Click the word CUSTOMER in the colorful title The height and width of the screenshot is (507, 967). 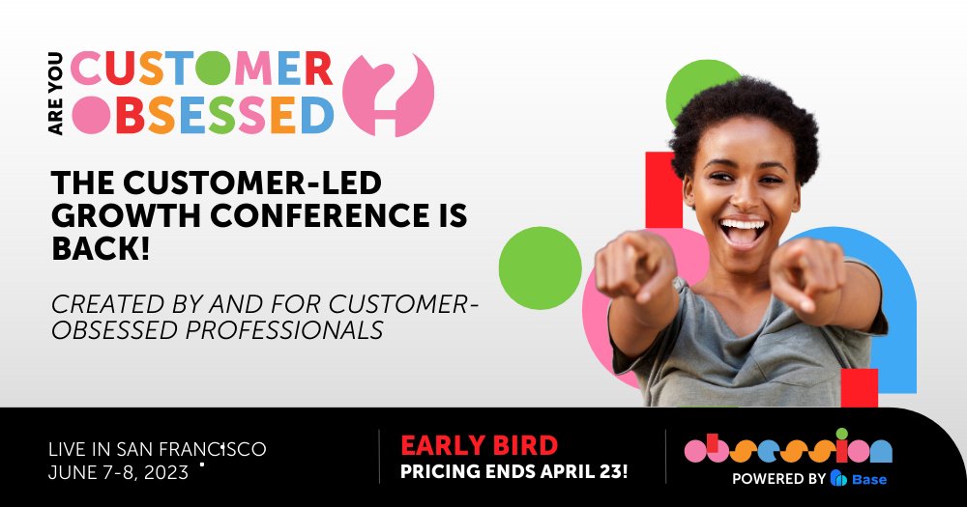[x=202, y=68]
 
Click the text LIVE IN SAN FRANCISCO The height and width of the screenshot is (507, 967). [x=158, y=449]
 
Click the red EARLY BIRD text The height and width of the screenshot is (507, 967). [x=479, y=445]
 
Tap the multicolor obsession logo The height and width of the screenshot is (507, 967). [x=787, y=449]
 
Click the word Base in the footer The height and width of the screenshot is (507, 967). [x=868, y=479]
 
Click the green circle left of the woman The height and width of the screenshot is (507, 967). [x=539, y=268]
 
